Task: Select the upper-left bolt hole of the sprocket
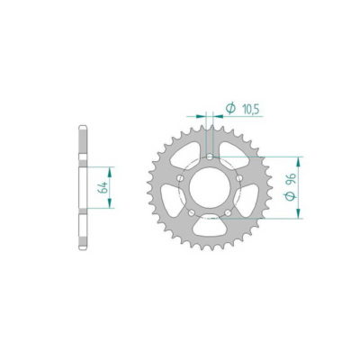coord(182,178)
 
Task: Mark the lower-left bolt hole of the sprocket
coord(192,213)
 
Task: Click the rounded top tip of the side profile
coord(82,124)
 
